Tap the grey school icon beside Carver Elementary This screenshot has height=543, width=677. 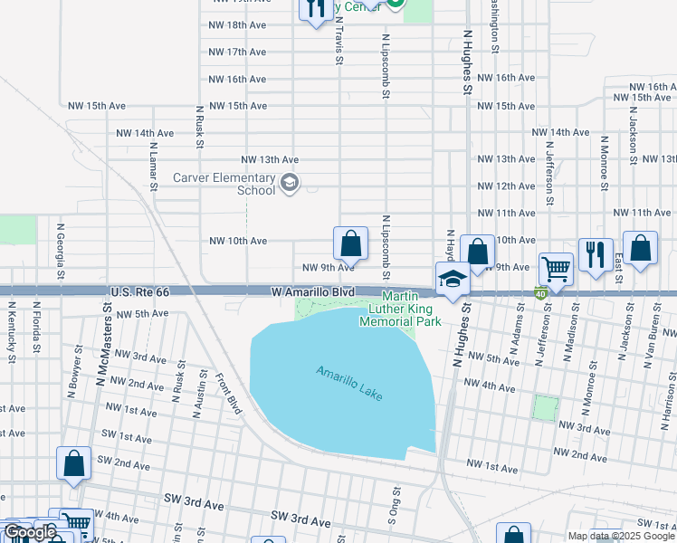(290, 184)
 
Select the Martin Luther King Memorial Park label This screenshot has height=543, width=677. (399, 309)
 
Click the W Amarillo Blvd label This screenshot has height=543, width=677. (313, 292)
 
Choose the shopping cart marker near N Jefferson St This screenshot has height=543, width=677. (556, 268)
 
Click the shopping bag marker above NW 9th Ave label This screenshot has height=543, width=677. (350, 243)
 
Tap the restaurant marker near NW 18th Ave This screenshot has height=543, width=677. (314, 9)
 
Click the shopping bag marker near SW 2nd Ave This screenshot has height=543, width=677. (73, 462)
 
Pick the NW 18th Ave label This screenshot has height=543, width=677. (237, 25)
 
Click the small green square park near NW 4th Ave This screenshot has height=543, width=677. (546, 407)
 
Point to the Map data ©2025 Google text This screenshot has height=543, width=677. (621, 536)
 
